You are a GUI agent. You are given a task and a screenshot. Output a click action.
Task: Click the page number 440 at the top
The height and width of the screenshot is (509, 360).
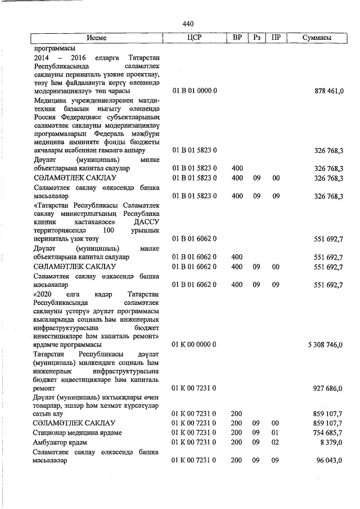(x=188, y=24)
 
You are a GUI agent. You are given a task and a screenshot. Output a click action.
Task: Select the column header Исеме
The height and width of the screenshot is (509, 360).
(x=97, y=38)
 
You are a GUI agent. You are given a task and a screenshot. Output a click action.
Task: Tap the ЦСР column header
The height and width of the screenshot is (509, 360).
(x=193, y=38)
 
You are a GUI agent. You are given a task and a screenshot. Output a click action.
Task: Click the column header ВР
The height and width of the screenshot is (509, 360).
(x=237, y=38)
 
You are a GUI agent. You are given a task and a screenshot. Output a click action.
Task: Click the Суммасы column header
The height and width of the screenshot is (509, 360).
(x=316, y=38)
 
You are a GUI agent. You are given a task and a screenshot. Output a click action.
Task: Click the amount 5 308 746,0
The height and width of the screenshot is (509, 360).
(x=325, y=344)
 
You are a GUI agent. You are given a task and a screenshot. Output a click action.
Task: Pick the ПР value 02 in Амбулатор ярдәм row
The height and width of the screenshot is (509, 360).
(x=276, y=442)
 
